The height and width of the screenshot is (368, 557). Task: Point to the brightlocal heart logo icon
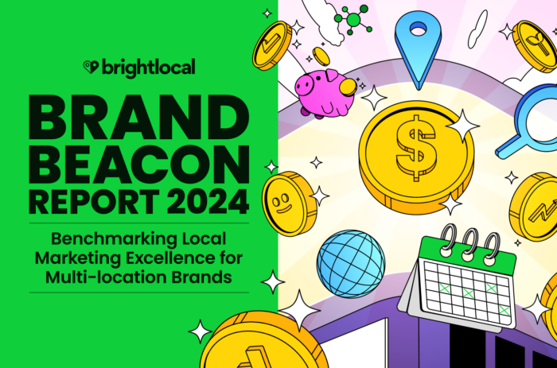(92, 68)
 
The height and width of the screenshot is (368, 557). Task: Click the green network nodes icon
(351, 17)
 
